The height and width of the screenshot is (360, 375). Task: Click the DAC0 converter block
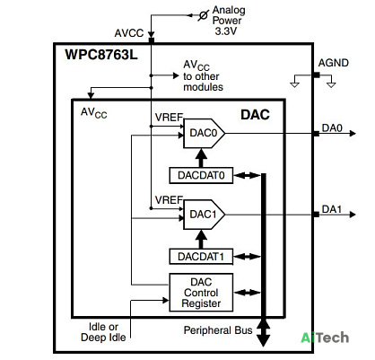tap(204, 133)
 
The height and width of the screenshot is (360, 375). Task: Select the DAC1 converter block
tap(204, 215)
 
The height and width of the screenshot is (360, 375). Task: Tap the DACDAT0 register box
tap(201, 175)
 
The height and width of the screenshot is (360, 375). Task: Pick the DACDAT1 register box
tap(201, 257)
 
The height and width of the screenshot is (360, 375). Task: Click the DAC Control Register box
tap(201, 293)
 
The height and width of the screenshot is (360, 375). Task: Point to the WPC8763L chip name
tap(101, 55)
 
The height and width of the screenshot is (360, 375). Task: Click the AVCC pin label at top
tap(129, 33)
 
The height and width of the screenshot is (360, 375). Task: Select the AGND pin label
tap(333, 63)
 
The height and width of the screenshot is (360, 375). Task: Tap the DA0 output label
tap(332, 128)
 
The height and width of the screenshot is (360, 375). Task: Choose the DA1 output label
tap(332, 209)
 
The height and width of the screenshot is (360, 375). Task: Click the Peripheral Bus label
tap(218, 330)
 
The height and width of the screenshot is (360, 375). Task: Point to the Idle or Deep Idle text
tap(103, 332)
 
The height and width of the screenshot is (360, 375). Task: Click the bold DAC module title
tap(255, 115)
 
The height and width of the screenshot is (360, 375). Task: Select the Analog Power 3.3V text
tap(229, 21)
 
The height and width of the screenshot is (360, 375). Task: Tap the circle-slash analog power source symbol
tap(204, 15)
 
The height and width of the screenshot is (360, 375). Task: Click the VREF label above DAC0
tap(169, 118)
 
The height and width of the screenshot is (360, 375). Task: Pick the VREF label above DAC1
tap(169, 200)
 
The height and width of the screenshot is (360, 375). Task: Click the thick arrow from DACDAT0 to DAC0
tap(201, 158)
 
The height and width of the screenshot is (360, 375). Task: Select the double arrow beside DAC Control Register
tap(248, 293)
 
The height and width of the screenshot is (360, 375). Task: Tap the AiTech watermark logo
tap(325, 338)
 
